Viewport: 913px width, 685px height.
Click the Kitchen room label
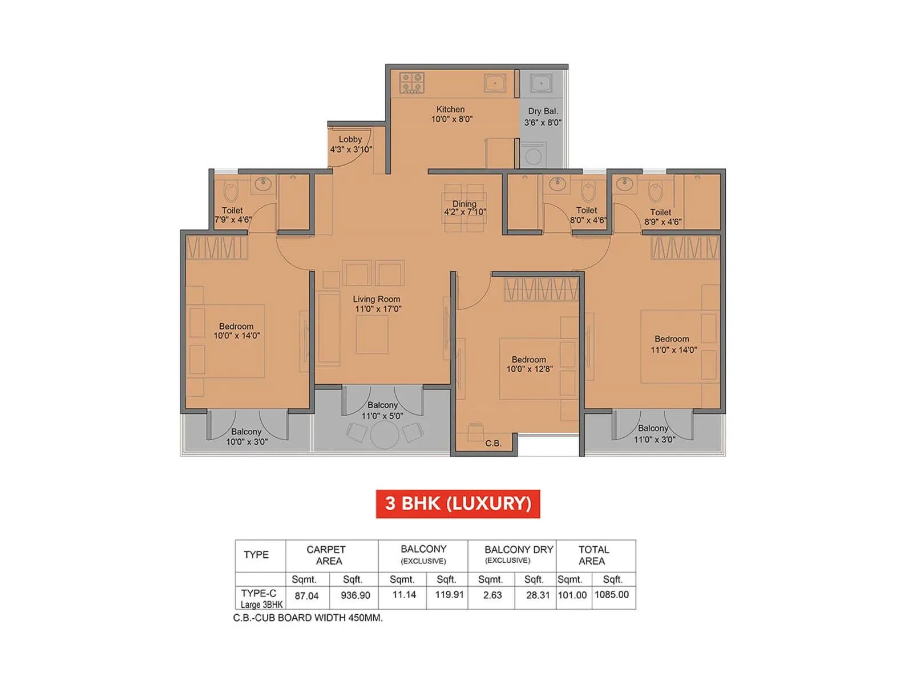(450, 109)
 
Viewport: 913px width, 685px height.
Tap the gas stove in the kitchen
(411, 83)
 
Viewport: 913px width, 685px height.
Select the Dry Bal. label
(543, 111)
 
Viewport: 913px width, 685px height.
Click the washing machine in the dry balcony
(533, 155)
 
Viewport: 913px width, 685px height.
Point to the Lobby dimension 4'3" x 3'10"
(351, 150)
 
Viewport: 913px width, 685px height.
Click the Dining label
(464, 204)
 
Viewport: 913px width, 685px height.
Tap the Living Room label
(376, 299)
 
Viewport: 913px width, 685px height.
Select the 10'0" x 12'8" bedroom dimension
(529, 369)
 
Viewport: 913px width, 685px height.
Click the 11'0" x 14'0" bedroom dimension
(673, 350)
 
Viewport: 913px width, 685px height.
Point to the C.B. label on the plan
(493, 443)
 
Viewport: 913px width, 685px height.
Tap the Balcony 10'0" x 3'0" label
(246, 437)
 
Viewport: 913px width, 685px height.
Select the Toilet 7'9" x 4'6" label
(233, 215)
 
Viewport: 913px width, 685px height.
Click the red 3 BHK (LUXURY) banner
(458, 503)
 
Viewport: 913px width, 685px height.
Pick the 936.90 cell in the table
(355, 595)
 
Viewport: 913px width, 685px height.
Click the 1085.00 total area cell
(612, 595)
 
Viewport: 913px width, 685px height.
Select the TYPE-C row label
(259, 594)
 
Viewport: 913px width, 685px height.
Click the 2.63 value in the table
(492, 595)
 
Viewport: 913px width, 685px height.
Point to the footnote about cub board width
(308, 618)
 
